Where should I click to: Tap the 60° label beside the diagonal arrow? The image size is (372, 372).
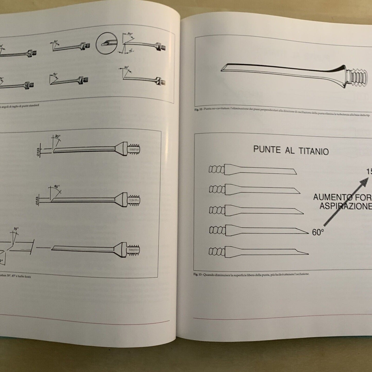[318, 232]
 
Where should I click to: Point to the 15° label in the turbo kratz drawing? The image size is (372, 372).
[16, 229]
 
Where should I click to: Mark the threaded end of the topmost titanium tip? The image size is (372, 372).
[216, 169]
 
